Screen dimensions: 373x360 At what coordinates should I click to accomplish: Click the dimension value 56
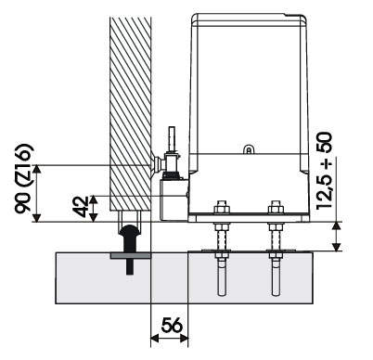(172, 325)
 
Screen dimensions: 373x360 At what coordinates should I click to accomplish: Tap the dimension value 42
(81, 207)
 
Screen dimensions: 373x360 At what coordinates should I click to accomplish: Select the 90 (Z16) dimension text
(24, 178)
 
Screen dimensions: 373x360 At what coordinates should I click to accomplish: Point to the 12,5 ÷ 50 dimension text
(324, 171)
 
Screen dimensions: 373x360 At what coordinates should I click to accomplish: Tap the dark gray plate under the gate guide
(131, 256)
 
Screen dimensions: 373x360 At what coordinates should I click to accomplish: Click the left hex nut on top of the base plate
(222, 208)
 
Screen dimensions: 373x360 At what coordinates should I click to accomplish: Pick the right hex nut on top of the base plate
(276, 208)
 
